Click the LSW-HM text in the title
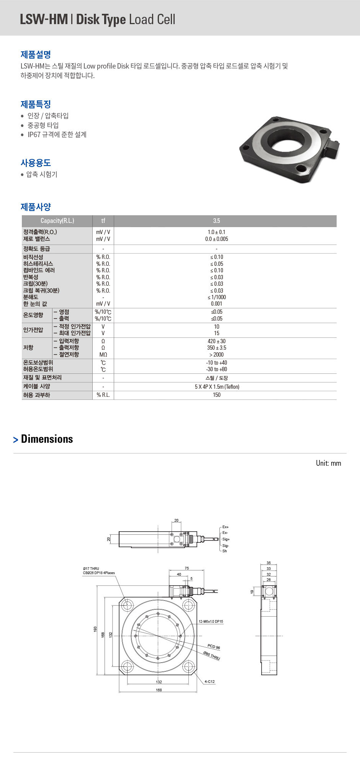[x=44, y=19]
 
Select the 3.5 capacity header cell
[x=216, y=221]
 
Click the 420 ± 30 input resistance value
[x=216, y=341]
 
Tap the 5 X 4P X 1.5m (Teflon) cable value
[x=217, y=387]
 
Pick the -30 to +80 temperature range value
[x=216, y=369]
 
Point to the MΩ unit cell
[x=103, y=355]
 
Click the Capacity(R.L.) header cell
[x=57, y=221]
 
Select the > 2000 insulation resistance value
[x=216, y=355]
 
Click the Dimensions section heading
[x=47, y=439]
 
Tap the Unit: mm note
[x=328, y=463]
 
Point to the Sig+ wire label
[x=226, y=539]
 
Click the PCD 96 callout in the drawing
[x=214, y=647]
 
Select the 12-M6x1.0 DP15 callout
[x=211, y=622]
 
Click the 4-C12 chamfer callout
[x=209, y=682]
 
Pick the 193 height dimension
[x=95, y=629]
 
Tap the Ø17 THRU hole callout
[x=91, y=569]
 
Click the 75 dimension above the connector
[x=187, y=568]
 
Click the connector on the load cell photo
[x=332, y=147]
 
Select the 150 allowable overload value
[x=216, y=395]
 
